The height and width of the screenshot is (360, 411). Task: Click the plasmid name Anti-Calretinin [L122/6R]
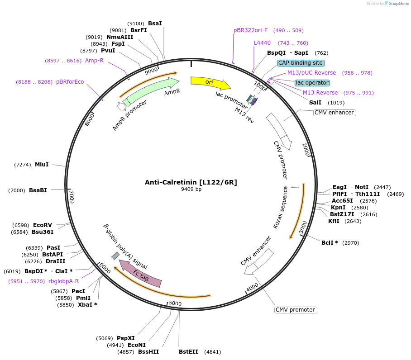tap(191, 182)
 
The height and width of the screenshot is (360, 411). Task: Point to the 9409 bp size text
tap(191, 189)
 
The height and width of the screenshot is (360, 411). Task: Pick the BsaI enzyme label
tap(155, 24)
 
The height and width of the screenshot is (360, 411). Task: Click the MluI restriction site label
tap(42, 165)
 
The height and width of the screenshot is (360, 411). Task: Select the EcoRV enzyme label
tap(43, 225)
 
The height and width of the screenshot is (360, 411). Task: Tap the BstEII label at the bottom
tap(188, 352)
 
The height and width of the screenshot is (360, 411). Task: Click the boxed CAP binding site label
tap(301, 63)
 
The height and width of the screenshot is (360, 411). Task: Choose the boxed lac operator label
tap(312, 83)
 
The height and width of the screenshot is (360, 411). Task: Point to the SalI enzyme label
tap(315, 103)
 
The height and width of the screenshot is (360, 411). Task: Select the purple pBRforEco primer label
tap(70, 82)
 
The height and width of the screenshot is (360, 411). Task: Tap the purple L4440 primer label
tap(262, 43)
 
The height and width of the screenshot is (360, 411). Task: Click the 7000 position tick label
tap(72, 197)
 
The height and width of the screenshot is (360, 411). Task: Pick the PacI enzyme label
tap(78, 291)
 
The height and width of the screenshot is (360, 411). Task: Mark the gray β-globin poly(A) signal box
tap(115, 256)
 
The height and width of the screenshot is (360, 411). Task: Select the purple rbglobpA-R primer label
tap(63, 281)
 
